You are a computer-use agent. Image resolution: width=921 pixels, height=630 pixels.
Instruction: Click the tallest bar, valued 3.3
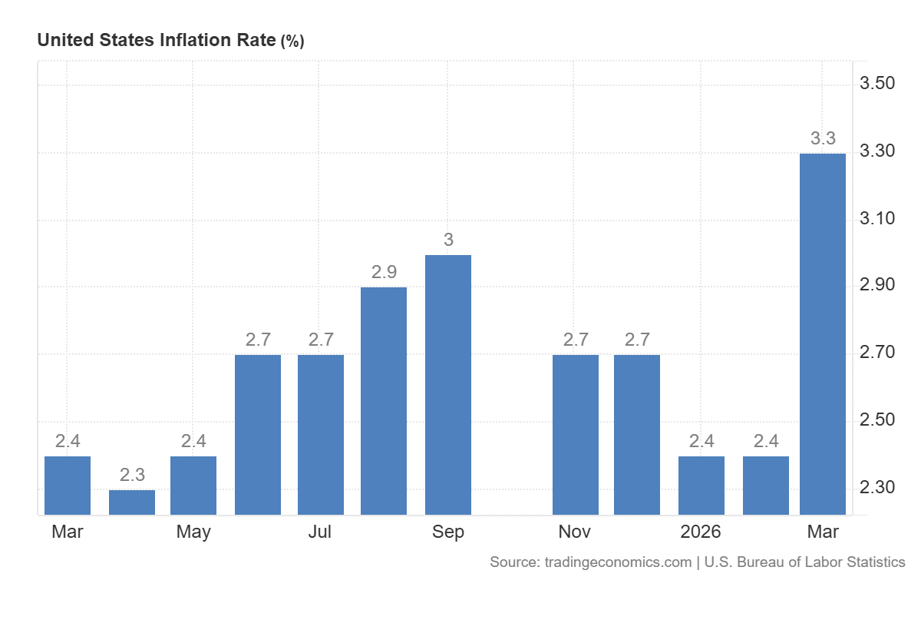point(822,334)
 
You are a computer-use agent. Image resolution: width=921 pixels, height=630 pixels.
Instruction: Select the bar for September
point(447,384)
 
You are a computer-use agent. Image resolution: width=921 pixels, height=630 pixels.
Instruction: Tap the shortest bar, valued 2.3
point(132,502)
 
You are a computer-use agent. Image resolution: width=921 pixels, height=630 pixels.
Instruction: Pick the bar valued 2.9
point(384,400)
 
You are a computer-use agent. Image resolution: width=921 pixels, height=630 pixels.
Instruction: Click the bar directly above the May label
point(193,485)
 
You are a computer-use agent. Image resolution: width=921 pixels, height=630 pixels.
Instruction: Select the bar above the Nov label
point(575,434)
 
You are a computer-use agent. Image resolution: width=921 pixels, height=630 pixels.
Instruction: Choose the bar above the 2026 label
point(701,485)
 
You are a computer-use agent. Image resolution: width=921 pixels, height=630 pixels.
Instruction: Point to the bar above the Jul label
point(320,434)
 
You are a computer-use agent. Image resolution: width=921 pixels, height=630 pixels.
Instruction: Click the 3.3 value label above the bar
point(823,139)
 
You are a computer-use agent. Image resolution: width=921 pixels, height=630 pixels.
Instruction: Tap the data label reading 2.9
point(384,272)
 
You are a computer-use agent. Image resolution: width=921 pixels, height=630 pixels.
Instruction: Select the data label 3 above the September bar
point(448,240)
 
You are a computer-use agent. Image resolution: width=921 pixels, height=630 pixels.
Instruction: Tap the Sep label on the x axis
point(448,532)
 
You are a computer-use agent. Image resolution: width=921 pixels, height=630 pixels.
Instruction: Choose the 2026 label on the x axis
point(701,532)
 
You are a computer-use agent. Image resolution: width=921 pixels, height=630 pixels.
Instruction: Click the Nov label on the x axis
point(575,532)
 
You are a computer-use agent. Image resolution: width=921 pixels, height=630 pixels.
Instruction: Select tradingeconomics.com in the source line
point(618,562)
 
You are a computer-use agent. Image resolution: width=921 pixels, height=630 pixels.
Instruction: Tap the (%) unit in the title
point(292,42)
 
